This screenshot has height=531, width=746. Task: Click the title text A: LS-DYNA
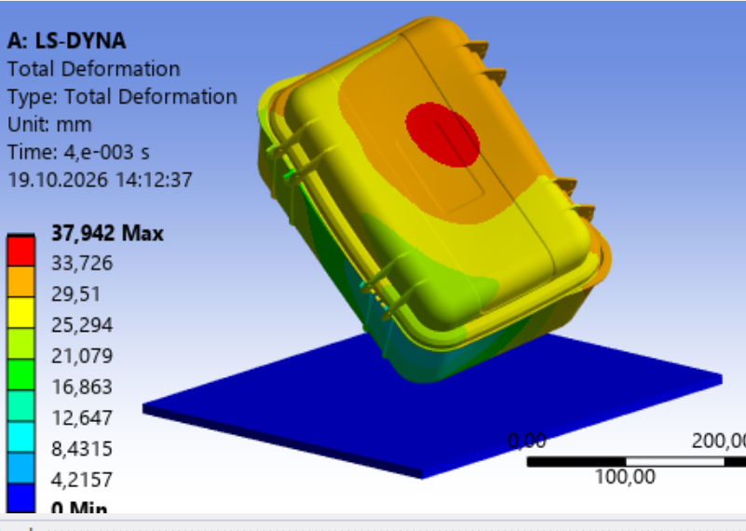[67, 41]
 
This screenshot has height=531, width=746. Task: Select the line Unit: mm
[49, 125]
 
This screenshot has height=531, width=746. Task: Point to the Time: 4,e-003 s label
[78, 152]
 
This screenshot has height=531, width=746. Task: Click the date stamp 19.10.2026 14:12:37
[100, 180]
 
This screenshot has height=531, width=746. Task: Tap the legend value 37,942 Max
[107, 233]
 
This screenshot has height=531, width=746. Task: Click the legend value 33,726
[82, 263]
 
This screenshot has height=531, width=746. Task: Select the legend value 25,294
[82, 325]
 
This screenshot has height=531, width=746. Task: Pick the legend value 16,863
[82, 387]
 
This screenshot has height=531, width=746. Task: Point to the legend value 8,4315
[82, 449]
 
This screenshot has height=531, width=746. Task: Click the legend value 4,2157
[82, 479]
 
